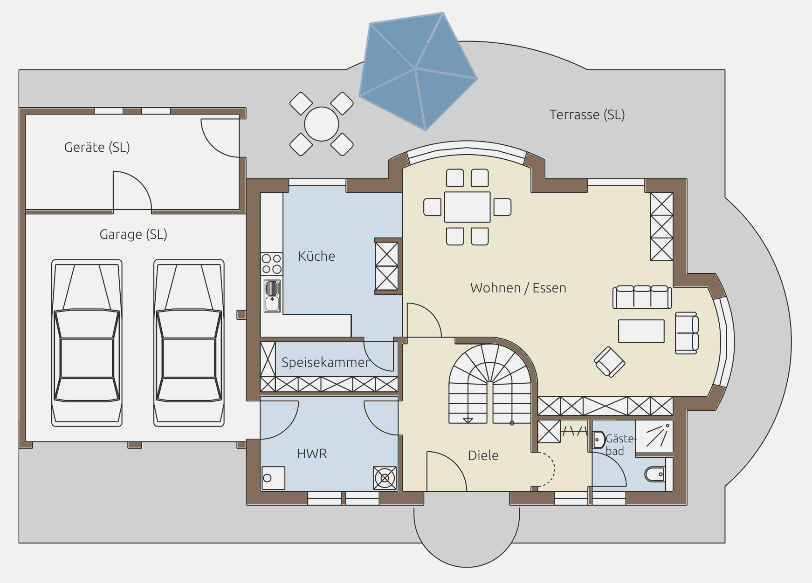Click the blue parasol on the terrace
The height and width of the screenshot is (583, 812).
418,71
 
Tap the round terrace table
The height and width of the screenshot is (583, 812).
321,124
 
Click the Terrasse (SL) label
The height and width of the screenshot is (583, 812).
587,115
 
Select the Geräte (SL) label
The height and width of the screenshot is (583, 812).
97,147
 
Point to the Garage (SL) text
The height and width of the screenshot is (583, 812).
133,234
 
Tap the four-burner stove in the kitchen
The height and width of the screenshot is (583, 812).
271,264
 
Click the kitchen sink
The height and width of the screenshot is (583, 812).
272,296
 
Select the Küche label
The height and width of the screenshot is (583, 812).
317,256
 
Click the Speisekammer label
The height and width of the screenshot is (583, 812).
325,362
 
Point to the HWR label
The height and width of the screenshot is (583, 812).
312,454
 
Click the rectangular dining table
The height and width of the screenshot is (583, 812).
467,207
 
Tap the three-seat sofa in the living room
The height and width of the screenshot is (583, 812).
642,297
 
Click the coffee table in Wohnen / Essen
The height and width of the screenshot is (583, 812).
641,331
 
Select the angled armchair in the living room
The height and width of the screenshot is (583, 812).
610,361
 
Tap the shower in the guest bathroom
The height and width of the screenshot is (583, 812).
654,436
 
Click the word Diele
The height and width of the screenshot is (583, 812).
483,455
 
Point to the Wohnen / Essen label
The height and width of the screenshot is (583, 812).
518,288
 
